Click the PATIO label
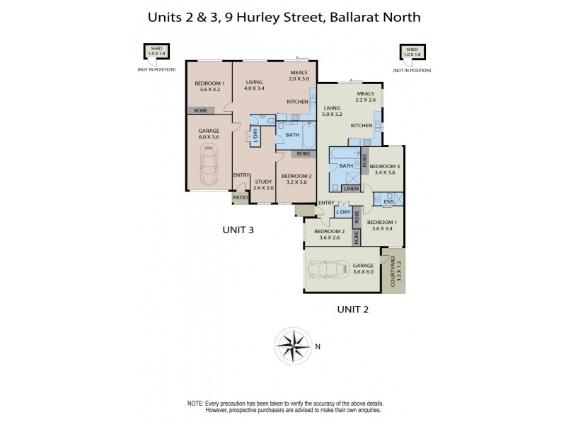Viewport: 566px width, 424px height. [240, 197]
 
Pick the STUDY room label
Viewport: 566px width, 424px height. [263, 184]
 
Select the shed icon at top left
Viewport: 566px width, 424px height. [154, 52]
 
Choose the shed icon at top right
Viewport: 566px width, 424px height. [412, 52]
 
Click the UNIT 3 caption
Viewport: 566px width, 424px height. [238, 230]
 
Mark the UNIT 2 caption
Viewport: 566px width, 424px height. [353, 309]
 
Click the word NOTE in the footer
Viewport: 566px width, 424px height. [195, 402]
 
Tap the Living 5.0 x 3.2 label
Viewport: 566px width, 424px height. [332, 110]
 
